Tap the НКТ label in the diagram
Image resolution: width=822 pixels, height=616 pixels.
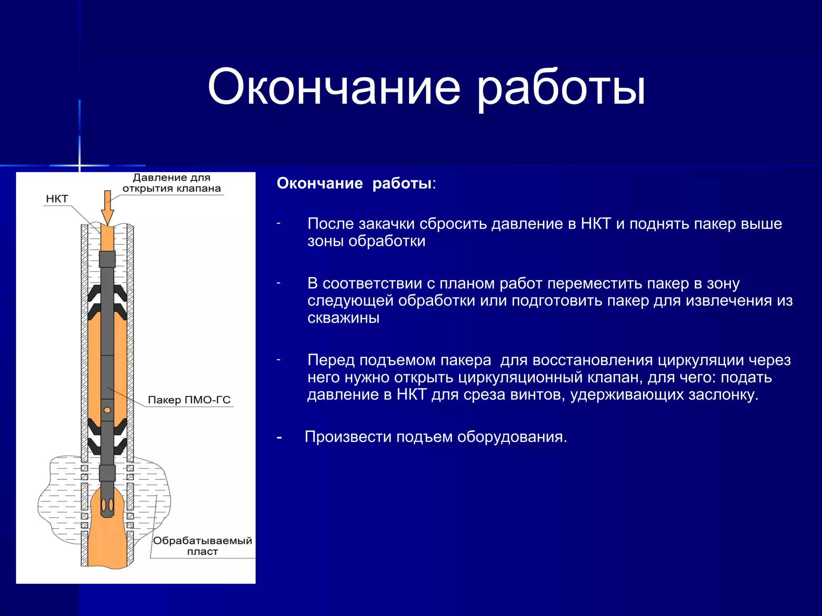coord(57,199)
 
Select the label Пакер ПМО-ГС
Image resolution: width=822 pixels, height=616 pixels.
coord(189,400)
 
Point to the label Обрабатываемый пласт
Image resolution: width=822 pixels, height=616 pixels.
coord(202,546)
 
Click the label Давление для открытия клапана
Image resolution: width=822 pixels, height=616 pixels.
coord(172,183)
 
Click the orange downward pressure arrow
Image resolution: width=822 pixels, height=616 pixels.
coord(107,207)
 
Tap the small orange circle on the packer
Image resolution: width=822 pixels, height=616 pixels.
coord(107,410)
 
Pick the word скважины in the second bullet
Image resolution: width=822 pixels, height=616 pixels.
coord(343,318)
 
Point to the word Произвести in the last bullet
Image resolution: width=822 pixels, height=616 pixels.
coord(348,437)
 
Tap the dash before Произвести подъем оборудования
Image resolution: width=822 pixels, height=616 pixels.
coord(279,437)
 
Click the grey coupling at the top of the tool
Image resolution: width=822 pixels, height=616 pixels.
coord(107,259)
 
